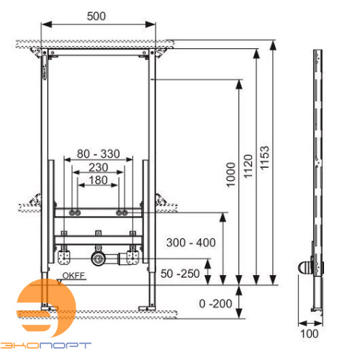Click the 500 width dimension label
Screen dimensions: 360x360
[96, 17]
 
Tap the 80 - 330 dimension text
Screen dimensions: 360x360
[98, 154]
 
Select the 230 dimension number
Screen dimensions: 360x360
[98, 167]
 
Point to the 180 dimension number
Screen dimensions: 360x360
[98, 180]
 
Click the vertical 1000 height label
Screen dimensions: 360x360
[230, 175]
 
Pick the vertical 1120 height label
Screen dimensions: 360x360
[248, 166]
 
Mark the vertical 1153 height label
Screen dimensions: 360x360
[265, 158]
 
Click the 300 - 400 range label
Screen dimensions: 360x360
[191, 243]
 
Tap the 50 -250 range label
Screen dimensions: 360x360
[180, 274]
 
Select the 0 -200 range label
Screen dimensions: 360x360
[215, 304]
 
